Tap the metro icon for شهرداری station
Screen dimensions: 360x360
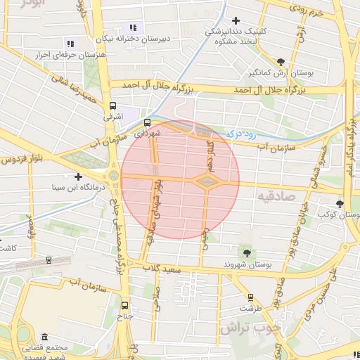146,122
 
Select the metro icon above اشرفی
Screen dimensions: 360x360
112,106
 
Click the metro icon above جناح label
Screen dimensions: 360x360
125,305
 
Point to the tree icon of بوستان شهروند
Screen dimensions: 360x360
246,252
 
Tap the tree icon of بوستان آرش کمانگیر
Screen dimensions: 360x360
281,62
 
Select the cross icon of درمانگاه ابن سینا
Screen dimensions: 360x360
79,176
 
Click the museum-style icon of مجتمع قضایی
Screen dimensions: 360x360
45,337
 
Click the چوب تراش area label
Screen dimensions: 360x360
250,328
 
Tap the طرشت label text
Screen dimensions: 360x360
250,308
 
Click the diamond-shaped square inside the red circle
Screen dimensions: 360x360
207,183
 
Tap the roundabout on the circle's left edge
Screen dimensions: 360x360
114,174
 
